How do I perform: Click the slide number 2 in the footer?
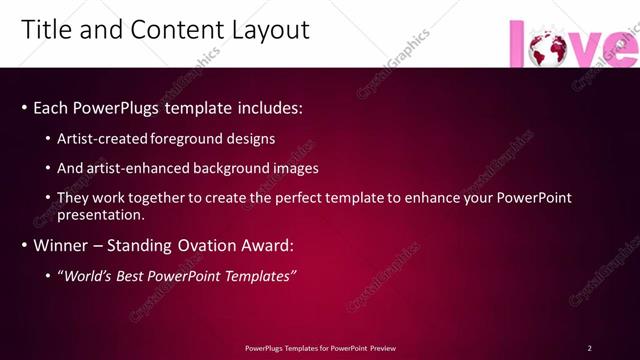click(589, 348)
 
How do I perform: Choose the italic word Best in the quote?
click(130, 276)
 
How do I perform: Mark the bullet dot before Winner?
click(24, 246)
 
